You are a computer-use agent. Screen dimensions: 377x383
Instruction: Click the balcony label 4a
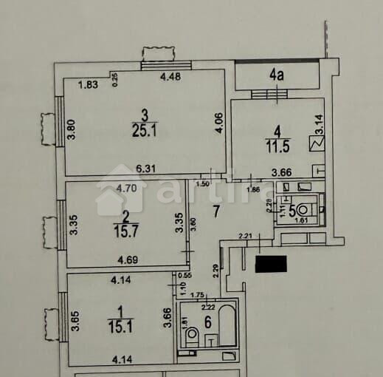tap(277, 74)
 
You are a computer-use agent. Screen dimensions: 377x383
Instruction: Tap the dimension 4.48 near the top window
tap(171, 76)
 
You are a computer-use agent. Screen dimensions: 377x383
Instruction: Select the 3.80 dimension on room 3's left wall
tap(72, 131)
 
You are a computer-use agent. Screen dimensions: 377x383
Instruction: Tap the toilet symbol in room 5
tap(306, 209)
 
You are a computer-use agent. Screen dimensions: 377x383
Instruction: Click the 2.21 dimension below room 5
tap(246, 237)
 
